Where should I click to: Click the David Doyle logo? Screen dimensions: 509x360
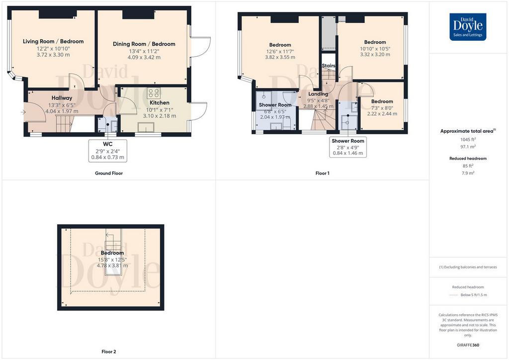pos(468,27)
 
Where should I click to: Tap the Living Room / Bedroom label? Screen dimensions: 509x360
pos(53,41)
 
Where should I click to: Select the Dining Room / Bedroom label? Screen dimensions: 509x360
pos(144,44)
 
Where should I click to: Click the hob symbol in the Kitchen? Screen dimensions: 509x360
pos(153,93)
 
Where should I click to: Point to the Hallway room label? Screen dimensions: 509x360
pos(62,98)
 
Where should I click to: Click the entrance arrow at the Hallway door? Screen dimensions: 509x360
pos(23,112)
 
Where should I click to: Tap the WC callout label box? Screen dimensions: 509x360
pos(108,151)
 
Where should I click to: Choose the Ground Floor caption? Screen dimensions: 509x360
pos(109,173)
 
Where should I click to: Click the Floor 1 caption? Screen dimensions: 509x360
pos(322,173)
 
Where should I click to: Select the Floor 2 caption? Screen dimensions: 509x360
pos(109,351)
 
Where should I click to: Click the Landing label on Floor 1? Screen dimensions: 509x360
pos(318,94)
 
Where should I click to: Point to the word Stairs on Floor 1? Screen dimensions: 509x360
pos(329,66)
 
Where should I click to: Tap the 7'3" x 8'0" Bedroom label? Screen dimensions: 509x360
pos(382,101)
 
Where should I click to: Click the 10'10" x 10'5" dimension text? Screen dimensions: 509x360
pos(375,49)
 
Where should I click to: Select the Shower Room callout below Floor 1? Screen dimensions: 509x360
pos(348,147)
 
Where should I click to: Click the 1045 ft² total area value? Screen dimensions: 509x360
pos(468,139)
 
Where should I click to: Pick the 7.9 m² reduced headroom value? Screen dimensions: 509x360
pos(468,173)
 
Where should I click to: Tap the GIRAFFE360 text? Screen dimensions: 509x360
pos(468,345)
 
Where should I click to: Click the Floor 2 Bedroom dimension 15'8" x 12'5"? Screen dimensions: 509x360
pos(112,260)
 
